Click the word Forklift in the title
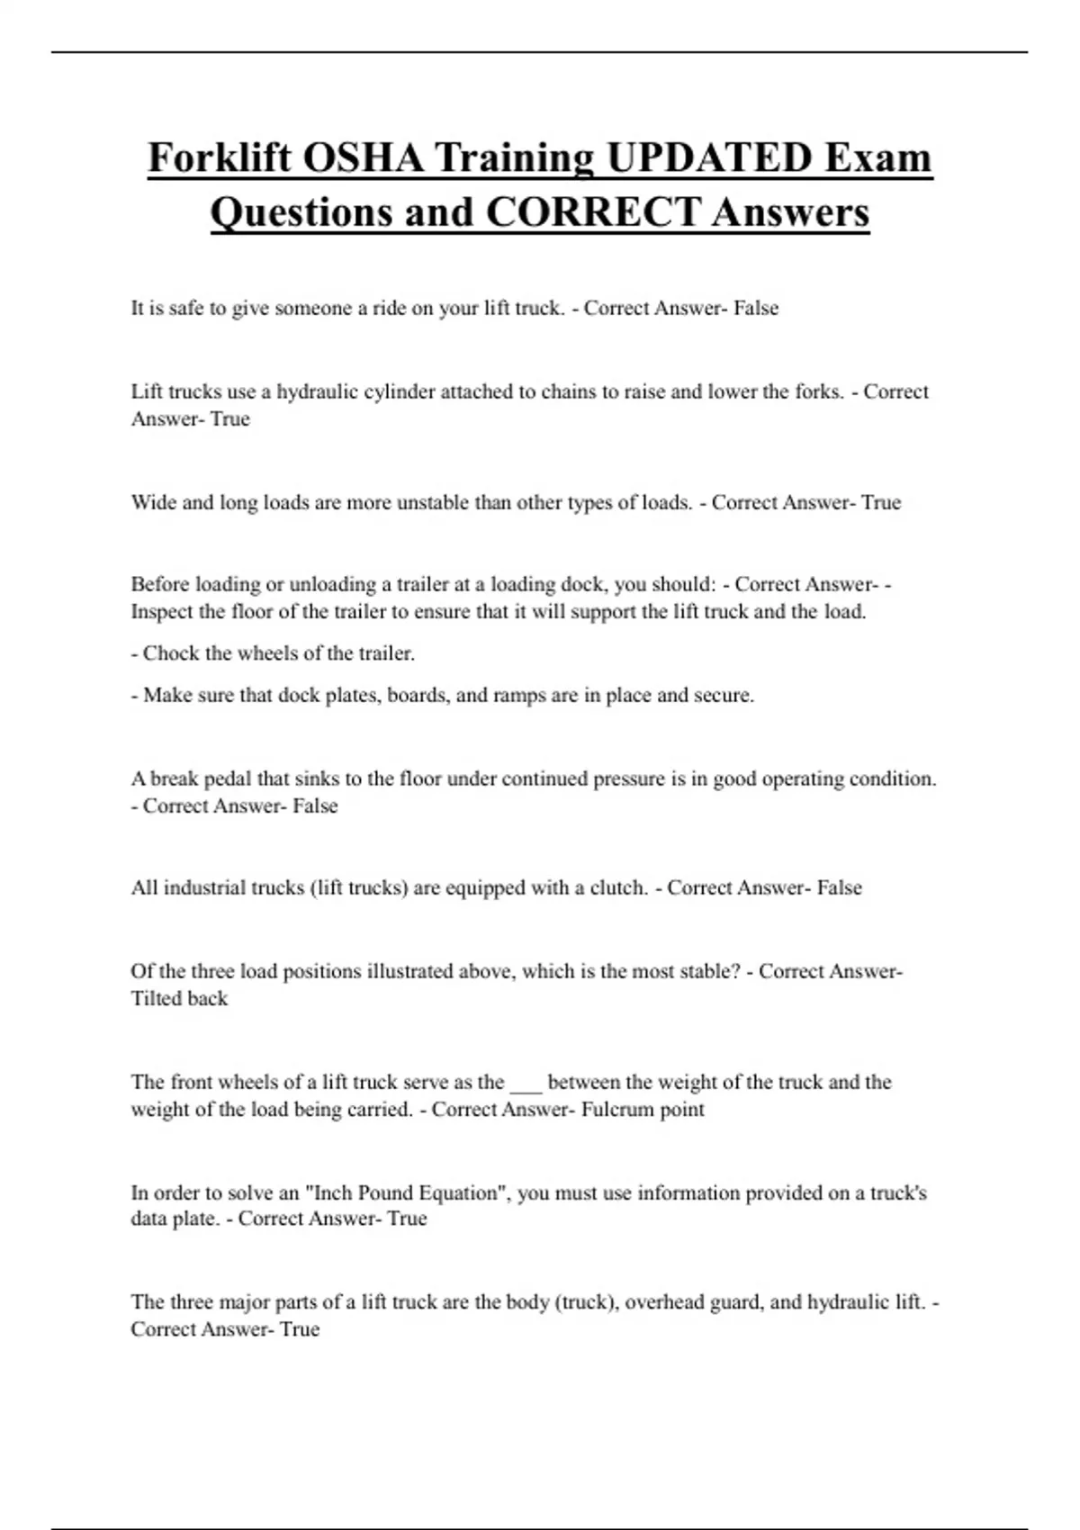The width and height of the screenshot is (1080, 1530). pyautogui.click(x=220, y=158)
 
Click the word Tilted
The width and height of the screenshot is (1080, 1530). pyautogui.click(x=157, y=999)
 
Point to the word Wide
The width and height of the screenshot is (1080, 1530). pyautogui.click(x=153, y=503)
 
